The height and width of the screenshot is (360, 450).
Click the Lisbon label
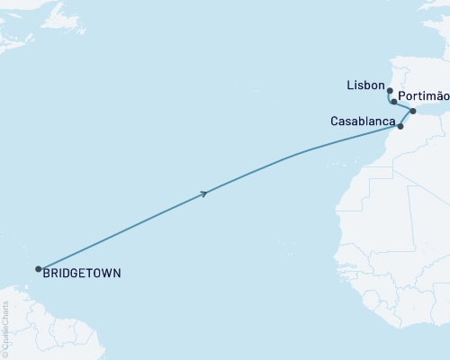coord(364,85)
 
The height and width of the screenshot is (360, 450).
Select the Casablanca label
coord(361,121)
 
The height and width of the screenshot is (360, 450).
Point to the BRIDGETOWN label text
coord(84,272)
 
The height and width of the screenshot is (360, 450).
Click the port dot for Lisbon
coord(389,91)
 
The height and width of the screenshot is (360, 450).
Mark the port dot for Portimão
coord(394,102)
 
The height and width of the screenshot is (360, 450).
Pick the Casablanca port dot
coord(400,127)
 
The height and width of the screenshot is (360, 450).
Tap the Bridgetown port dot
coord(38,268)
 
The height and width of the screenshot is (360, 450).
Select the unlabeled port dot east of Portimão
coord(413,112)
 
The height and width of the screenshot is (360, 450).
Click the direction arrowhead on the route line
coord(208,193)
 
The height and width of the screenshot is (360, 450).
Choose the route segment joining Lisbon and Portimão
coord(390,98)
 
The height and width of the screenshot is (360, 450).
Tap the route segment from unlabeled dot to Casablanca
coord(407,119)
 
